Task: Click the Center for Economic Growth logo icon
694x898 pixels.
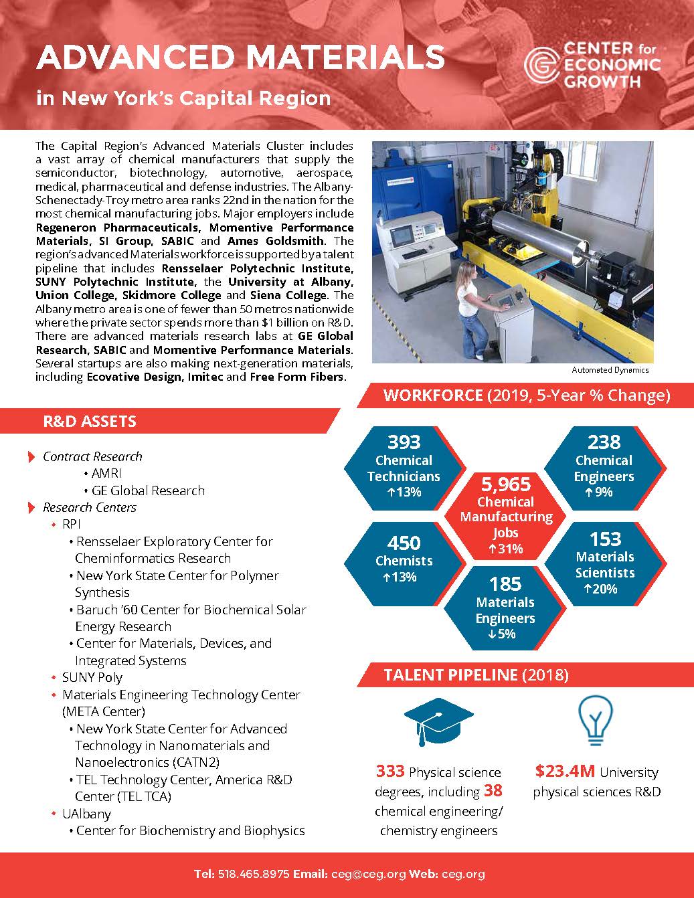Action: (x=541, y=66)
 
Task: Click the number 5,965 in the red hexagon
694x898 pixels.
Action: (x=505, y=484)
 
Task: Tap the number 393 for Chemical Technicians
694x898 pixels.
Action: (x=404, y=442)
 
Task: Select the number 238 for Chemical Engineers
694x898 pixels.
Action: (x=604, y=442)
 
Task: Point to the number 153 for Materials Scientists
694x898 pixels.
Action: (x=605, y=539)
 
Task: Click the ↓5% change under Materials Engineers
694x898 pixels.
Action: (x=505, y=634)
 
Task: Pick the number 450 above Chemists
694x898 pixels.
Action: (x=404, y=542)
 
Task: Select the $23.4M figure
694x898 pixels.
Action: (x=565, y=772)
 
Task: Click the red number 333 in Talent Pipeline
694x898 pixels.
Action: (x=389, y=772)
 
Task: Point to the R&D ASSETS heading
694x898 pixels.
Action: (x=90, y=422)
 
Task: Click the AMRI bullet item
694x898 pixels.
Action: (x=107, y=473)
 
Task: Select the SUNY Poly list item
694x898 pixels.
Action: (x=92, y=677)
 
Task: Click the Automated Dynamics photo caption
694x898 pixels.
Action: (x=610, y=370)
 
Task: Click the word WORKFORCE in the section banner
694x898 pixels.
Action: (x=432, y=395)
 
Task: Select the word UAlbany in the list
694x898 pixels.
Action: (x=86, y=814)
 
